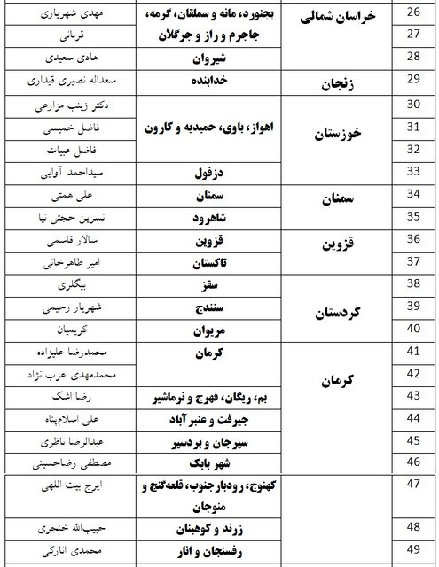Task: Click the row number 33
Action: pyautogui.click(x=411, y=172)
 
